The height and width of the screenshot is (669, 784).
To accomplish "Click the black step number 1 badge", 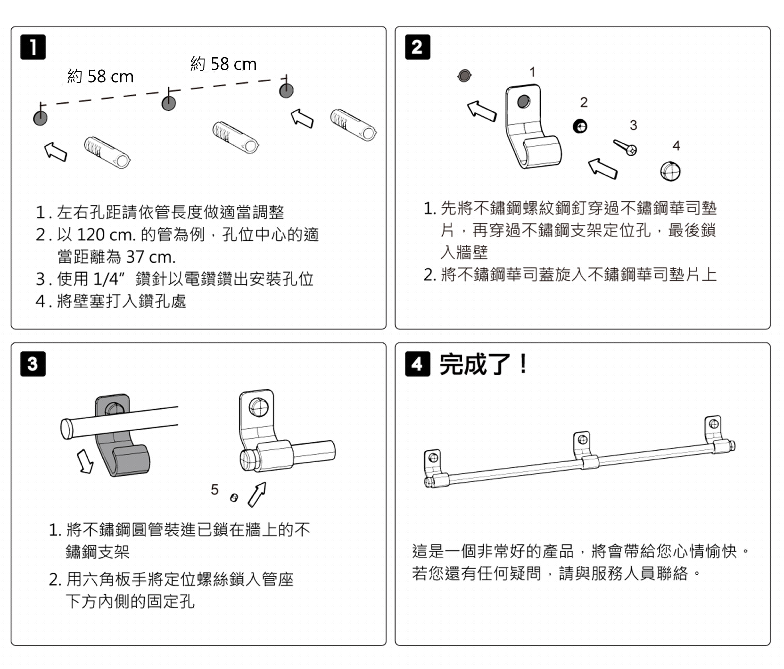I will [33, 47].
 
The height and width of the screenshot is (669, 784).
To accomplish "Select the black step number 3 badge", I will [33, 364].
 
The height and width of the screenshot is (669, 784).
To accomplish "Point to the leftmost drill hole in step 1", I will [40, 118].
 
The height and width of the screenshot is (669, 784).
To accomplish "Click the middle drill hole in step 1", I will [168, 103].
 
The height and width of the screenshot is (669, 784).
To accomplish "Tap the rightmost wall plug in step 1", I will [353, 124].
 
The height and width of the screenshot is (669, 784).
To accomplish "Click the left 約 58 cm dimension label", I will [100, 76].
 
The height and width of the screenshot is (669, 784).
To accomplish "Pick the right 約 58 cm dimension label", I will [223, 64].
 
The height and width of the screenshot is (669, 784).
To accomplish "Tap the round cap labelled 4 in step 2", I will [670, 171].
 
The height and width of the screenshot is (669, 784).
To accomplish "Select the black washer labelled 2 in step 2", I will [580, 126].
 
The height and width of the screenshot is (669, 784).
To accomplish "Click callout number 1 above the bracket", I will [532, 72].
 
